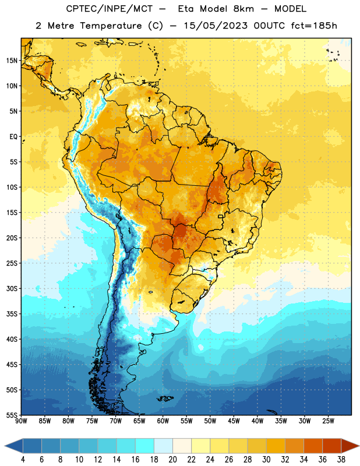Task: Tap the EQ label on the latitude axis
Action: (x=13, y=137)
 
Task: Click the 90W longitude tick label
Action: (x=22, y=421)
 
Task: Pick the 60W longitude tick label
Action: (x=163, y=421)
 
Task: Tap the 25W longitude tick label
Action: (x=328, y=421)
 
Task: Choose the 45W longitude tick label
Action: (x=234, y=421)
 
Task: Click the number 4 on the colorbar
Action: (x=23, y=460)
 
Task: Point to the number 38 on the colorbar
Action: (x=341, y=460)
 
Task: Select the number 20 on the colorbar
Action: (x=172, y=460)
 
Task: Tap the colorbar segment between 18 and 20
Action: (x=163, y=446)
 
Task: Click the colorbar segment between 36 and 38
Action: (x=332, y=446)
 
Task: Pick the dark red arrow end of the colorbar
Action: (x=350, y=446)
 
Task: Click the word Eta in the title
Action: (x=186, y=9)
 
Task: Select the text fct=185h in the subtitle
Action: (x=314, y=26)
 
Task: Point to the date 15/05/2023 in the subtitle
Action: (x=216, y=26)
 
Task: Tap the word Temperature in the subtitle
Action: (x=111, y=26)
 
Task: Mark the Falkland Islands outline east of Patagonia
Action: (x=165, y=398)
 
